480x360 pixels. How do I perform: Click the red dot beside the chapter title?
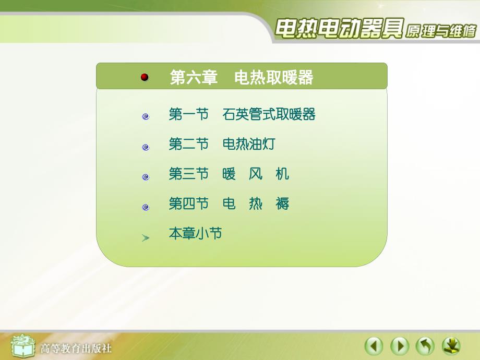tap(145, 77)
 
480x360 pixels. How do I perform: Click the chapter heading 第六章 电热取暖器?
tap(241, 78)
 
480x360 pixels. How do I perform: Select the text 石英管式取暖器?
tap(269, 114)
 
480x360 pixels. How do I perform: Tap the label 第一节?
tap(188, 114)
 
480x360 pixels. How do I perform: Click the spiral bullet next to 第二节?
tap(146, 147)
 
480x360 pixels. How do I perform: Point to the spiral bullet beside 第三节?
tap(146, 177)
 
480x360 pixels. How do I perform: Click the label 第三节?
tap(188, 174)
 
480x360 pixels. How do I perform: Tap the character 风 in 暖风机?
tap(256, 174)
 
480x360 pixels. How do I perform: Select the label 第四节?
tap(188, 203)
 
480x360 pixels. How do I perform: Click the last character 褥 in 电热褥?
tap(282, 203)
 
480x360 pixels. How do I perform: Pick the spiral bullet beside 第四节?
tap(146, 207)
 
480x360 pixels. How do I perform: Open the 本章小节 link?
tap(195, 233)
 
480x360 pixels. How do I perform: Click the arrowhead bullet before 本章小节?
tap(146, 238)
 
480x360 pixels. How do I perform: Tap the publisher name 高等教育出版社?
tap(76, 347)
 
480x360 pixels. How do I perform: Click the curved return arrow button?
tap(425, 346)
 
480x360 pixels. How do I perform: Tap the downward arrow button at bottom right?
tap(451, 346)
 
